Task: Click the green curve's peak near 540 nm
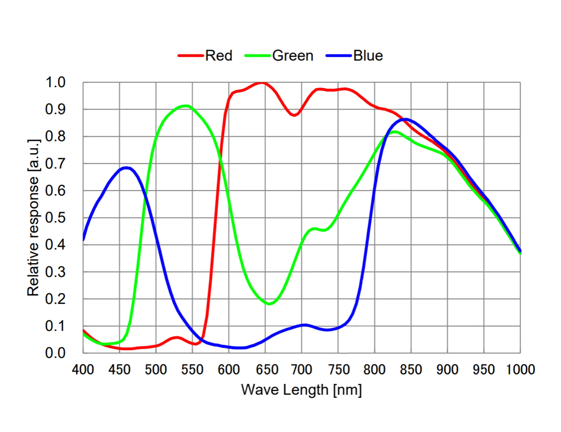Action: coord(185,106)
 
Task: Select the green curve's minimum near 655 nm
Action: coord(269,304)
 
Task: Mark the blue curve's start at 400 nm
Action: coord(83,239)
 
